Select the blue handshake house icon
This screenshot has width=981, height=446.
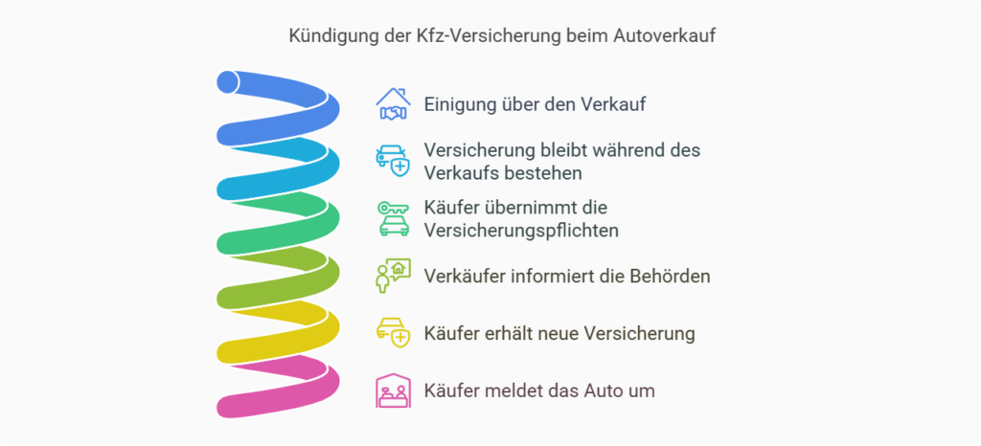393,103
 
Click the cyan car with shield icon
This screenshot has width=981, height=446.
393,161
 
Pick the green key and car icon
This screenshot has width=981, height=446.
393,218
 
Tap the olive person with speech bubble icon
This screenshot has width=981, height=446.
393,276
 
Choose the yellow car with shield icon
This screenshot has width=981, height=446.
393,333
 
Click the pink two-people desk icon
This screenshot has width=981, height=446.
393,390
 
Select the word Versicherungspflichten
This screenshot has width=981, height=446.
521,231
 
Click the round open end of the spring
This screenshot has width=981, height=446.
228,81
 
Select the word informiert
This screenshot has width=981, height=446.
548,276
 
